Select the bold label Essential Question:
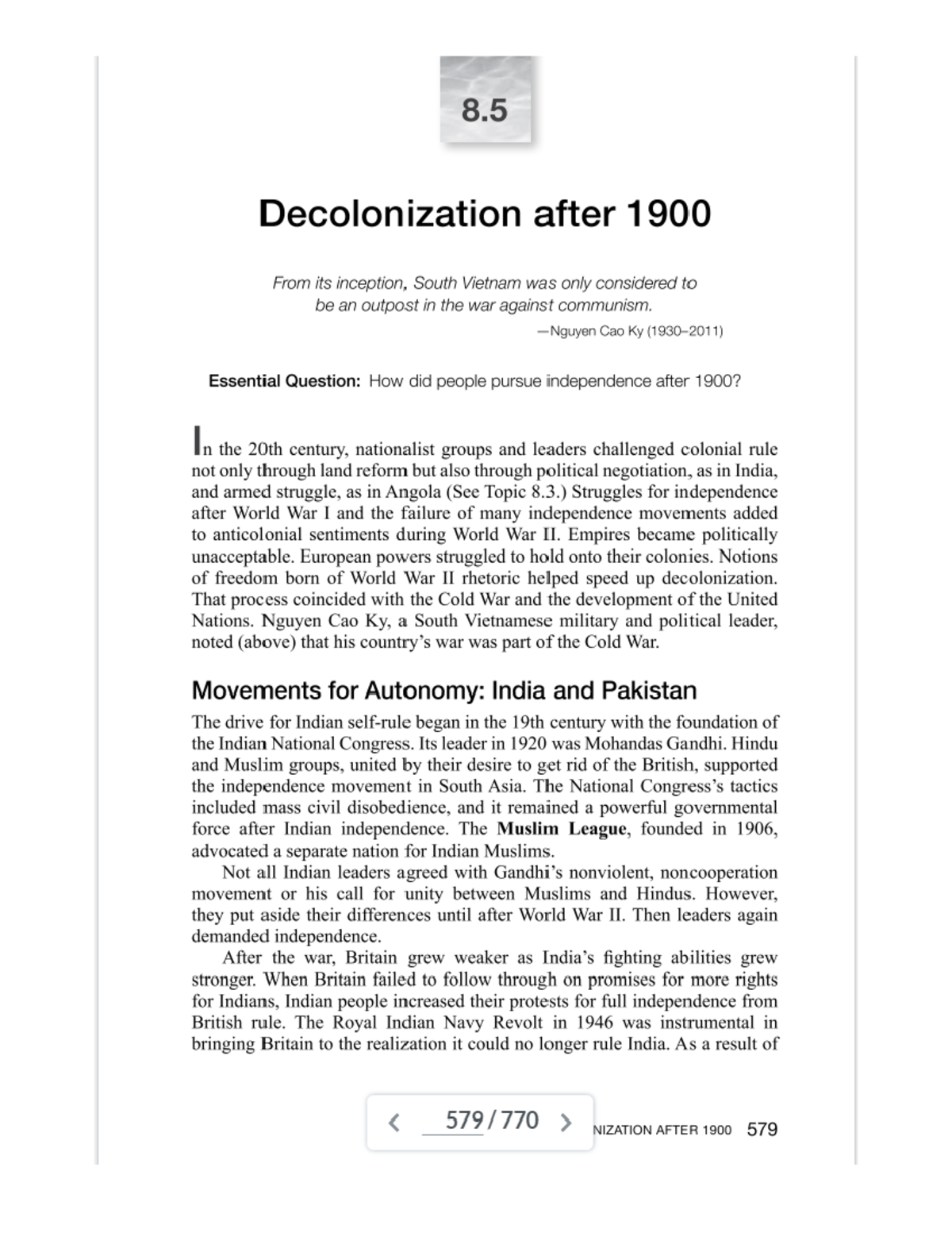284,381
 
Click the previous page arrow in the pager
394,1122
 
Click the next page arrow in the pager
566,1122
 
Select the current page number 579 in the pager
464,1121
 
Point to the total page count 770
520,1121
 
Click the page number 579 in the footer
762,1129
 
